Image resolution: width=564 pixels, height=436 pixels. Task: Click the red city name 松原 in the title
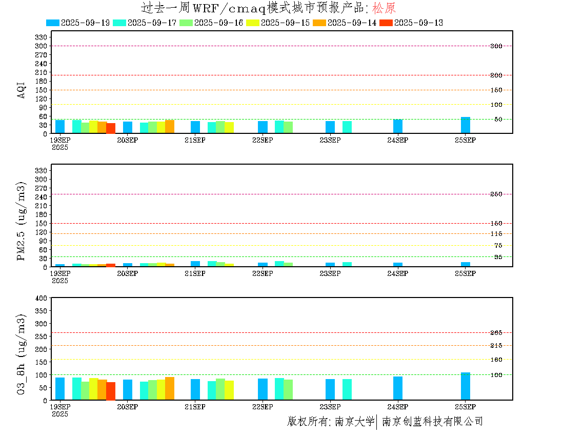[384, 8]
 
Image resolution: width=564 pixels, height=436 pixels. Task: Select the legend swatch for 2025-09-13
[386, 23]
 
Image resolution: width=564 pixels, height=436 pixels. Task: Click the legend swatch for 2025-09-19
[52, 23]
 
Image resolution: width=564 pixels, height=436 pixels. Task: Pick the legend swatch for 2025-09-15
[252, 23]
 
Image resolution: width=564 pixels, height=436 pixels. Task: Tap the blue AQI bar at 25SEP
[466, 125]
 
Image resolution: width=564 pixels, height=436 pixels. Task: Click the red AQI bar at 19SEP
[111, 128]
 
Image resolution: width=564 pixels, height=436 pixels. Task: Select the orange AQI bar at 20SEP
[170, 127]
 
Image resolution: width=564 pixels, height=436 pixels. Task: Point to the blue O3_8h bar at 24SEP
[398, 388]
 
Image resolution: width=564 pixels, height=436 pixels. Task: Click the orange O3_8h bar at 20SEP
[170, 388]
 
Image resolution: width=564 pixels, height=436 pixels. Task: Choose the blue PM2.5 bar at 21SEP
[195, 264]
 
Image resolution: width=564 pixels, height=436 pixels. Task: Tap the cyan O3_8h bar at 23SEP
[347, 390]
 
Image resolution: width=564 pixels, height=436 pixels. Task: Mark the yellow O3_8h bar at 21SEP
[229, 390]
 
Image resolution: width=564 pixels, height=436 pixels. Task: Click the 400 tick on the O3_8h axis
[41, 298]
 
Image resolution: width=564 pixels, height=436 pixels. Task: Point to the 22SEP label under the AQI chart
[263, 141]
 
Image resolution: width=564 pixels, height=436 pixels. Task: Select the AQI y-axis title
[21, 90]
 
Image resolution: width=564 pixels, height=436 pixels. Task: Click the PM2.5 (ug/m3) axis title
[21, 221]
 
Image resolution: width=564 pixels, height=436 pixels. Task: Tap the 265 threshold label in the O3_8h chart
[496, 333]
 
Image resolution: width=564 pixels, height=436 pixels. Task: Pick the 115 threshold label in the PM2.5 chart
[496, 234]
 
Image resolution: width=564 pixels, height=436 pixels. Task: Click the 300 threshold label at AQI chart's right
[496, 46]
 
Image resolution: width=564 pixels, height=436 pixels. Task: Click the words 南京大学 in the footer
[355, 421]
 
